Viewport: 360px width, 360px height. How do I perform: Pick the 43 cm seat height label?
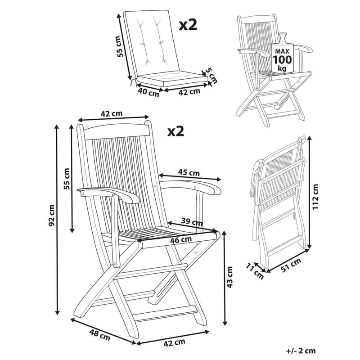230,277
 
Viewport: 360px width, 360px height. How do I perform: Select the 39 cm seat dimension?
189,221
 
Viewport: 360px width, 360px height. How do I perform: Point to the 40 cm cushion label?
148,93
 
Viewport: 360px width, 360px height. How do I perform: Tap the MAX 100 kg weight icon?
282,53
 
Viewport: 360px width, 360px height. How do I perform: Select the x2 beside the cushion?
188,25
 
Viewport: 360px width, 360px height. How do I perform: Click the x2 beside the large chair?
175,130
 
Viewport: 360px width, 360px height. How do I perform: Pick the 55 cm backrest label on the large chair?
67,179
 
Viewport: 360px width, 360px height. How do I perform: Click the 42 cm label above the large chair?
111,114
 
